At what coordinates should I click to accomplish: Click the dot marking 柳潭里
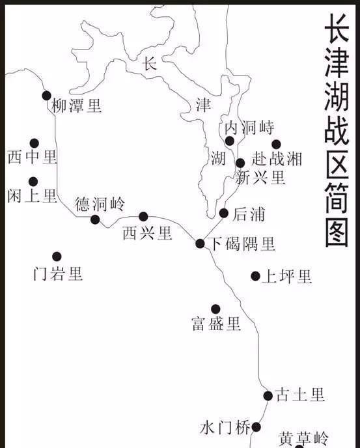pos(46,96)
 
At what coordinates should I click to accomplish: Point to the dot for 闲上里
pos(33,182)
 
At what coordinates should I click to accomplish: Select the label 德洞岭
pos(100,204)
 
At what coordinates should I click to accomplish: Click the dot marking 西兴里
pos(143,217)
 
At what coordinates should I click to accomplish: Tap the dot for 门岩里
pos(57,257)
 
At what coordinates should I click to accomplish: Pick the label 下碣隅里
pos(242,244)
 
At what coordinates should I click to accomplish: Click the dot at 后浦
pos(224,213)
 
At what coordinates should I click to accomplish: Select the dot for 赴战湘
pos(276,145)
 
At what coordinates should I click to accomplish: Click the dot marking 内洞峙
pos(230,141)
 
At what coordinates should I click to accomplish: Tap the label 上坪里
pos(286,277)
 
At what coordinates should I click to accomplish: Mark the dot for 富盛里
pos(215,309)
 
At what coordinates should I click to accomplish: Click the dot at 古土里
pos(268,395)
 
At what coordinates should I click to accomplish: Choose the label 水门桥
pos(225,428)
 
